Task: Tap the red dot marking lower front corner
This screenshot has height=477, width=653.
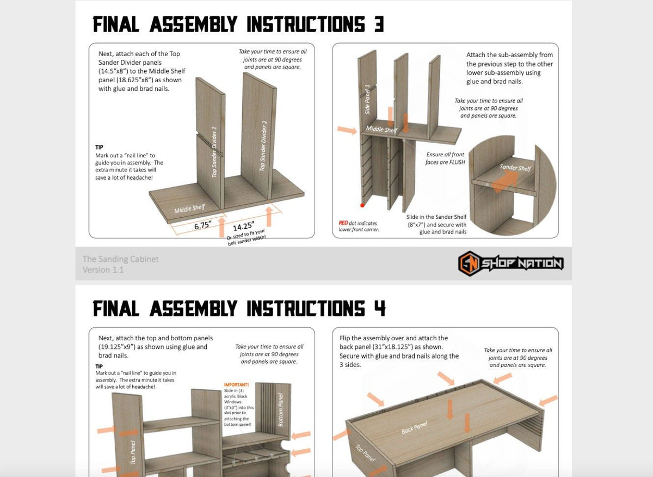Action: point(362,205)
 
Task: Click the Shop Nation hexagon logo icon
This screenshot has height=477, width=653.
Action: point(469,264)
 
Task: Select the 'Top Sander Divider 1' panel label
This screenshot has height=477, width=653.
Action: point(214,152)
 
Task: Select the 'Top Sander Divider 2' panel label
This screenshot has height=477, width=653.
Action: point(263,146)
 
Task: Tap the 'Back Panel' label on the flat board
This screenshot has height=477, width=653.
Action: point(414,427)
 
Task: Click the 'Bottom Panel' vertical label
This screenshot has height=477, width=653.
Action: point(281,410)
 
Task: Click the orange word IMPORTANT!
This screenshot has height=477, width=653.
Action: point(236,384)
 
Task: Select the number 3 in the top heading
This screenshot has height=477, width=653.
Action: point(378,25)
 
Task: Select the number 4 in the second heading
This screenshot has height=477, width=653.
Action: point(379,309)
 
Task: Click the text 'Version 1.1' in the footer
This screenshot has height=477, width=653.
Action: point(103,270)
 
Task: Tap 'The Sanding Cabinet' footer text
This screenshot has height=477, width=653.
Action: point(120,259)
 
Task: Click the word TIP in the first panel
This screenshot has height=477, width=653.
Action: point(99,147)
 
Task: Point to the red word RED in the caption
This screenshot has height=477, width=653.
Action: point(343,223)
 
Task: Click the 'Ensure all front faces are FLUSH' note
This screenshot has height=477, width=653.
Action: point(445,158)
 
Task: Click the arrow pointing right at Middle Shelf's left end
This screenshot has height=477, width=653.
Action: point(347,130)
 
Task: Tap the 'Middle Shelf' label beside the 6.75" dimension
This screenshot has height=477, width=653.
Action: point(189,209)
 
